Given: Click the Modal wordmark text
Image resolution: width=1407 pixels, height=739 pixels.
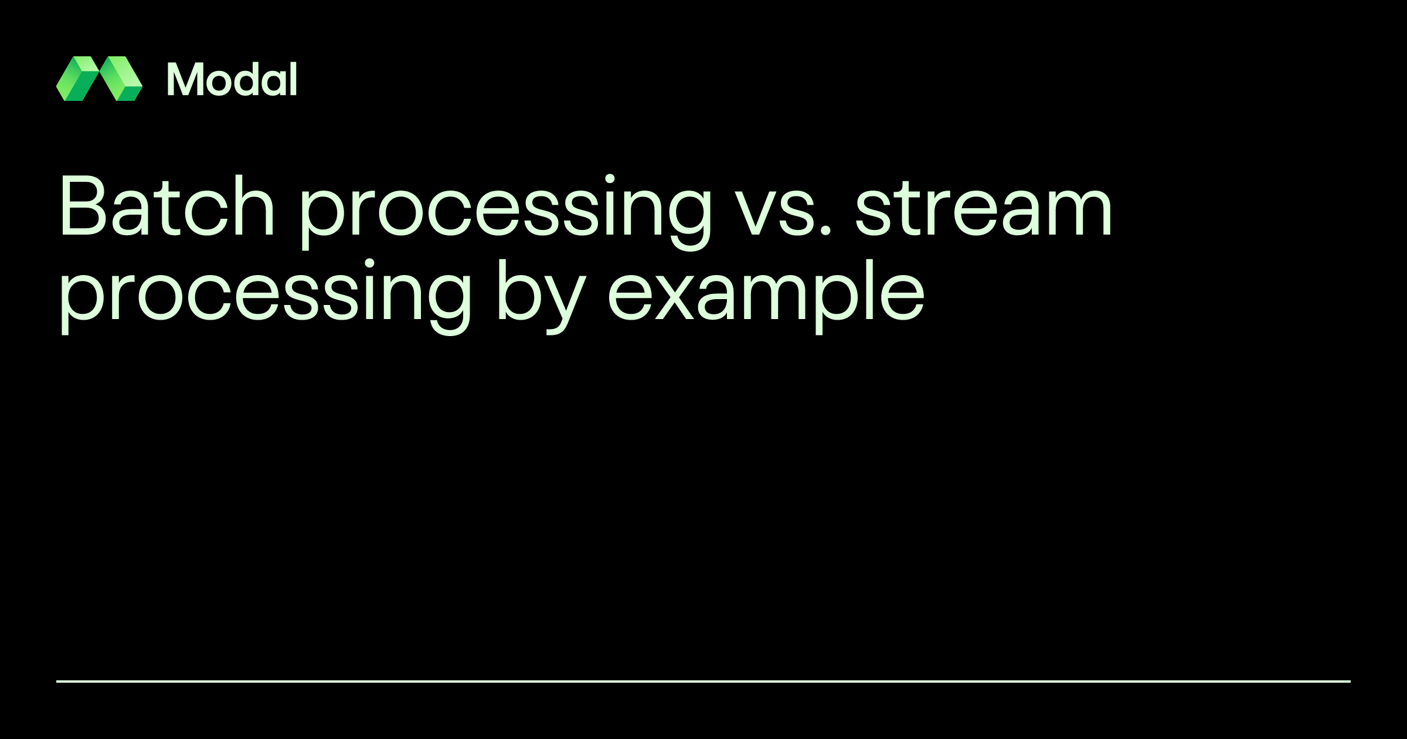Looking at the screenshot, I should tap(232, 79).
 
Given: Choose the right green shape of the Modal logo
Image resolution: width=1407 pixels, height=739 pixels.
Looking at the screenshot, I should tap(121, 79).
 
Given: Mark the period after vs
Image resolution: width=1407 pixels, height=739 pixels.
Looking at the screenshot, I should tap(825, 229).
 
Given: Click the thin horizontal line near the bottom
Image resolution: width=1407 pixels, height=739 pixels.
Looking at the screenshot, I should tap(704, 682).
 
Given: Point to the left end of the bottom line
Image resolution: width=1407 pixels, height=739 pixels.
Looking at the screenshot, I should tap(58, 682).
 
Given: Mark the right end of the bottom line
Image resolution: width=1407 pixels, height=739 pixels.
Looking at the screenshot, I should tap(1349, 682).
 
